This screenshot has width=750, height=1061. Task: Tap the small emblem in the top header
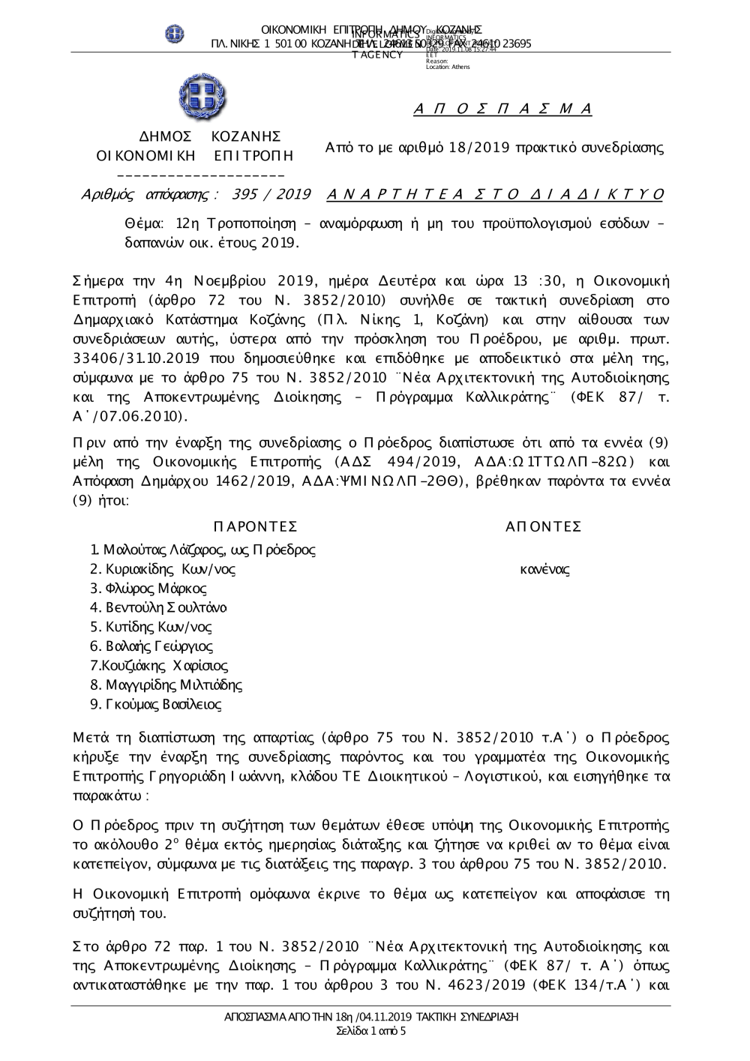point(174,33)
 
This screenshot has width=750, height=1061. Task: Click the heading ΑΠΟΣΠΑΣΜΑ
point(503,109)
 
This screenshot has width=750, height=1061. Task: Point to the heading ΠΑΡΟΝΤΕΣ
point(255,526)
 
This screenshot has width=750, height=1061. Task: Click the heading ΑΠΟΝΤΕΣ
point(544,526)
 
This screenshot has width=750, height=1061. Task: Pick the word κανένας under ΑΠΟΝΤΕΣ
point(544,570)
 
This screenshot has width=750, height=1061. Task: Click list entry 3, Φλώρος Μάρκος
point(148,589)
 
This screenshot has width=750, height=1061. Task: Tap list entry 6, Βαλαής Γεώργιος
point(151,646)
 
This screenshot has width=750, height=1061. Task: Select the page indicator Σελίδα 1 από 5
point(371,1031)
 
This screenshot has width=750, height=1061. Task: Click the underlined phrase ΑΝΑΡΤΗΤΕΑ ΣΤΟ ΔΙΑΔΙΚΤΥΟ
point(495,195)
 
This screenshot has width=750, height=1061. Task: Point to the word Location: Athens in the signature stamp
point(448,67)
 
